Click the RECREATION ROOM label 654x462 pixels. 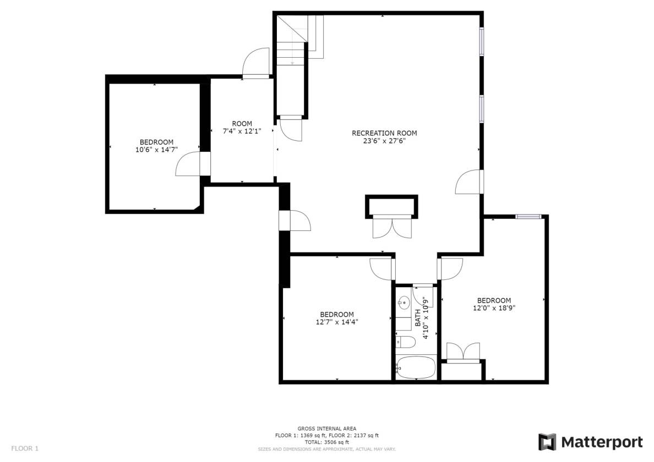pos(384,133)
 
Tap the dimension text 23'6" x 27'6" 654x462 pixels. pos(384,141)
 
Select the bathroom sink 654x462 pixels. pos(404,302)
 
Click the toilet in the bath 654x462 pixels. pos(405,342)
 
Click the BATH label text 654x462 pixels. pos(418,317)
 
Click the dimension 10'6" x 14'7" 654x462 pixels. pos(156,150)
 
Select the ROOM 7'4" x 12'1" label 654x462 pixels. pos(242,127)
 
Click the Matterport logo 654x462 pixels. pos(590,442)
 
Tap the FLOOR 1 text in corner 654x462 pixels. pos(25,448)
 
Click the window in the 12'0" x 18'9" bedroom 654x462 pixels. pos(528,217)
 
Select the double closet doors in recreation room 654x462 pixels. pos(392,227)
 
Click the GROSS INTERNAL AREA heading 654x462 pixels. pos(327,428)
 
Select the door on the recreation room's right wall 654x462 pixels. pos(470,183)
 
